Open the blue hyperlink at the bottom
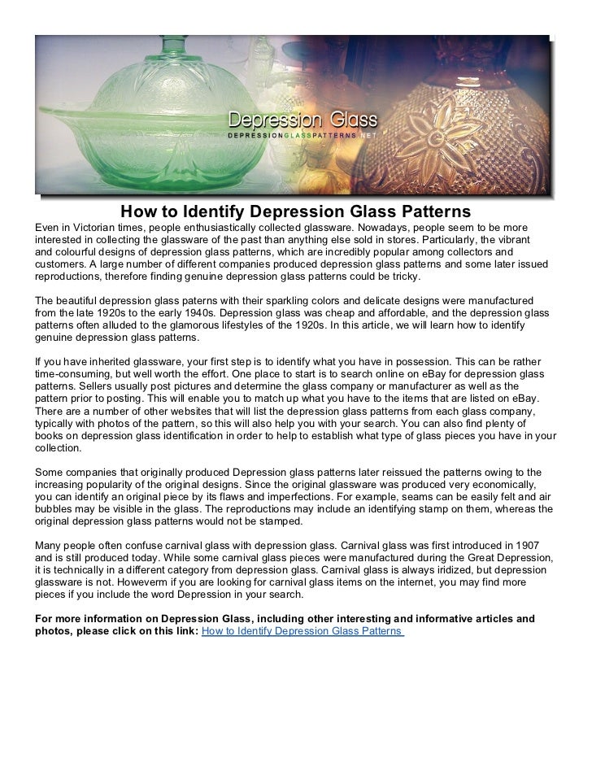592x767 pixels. tap(303, 631)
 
